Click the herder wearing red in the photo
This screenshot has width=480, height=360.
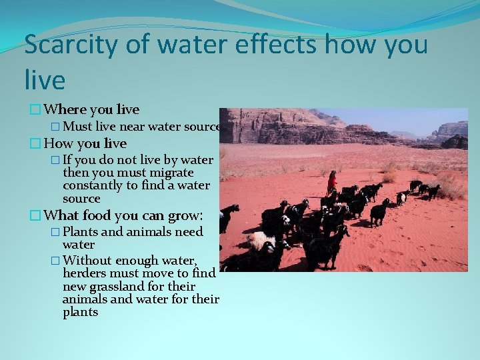331,182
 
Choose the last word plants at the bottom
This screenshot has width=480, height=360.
80,312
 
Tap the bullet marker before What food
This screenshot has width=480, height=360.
35,215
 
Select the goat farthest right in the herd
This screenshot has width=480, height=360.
433,191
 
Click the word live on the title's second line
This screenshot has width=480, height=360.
45,81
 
